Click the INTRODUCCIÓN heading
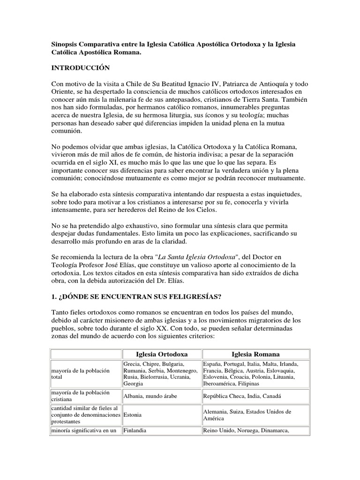[x=80, y=68]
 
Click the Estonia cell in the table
[x=134, y=415]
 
